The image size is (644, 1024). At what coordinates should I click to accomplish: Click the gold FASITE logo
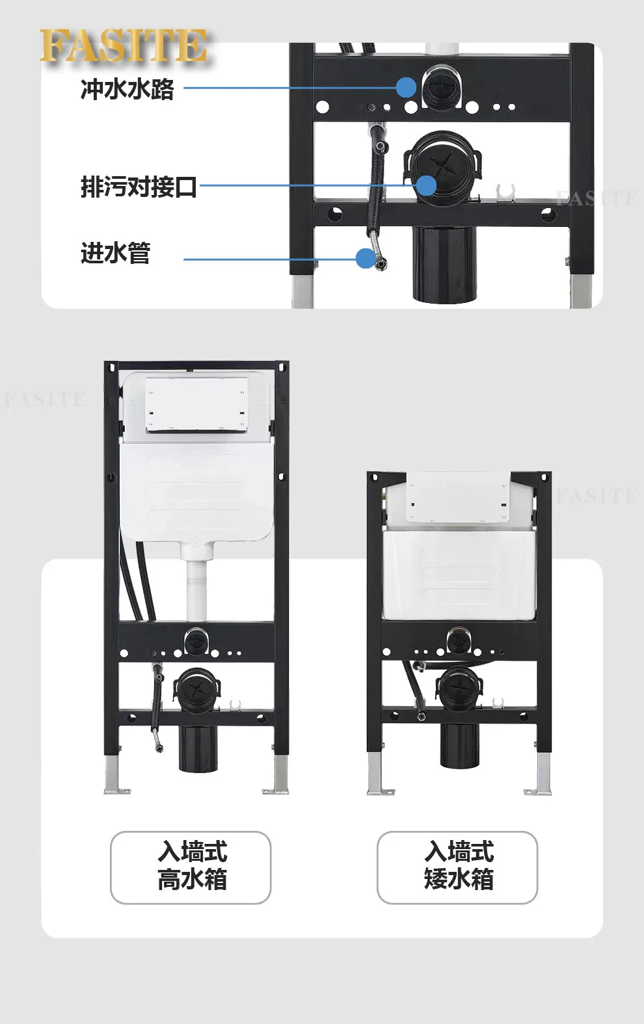[x=124, y=46]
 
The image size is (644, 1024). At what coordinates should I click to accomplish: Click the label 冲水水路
[x=127, y=89]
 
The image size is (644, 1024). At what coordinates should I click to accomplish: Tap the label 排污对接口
[x=139, y=187]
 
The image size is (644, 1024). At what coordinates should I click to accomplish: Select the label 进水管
[x=116, y=253]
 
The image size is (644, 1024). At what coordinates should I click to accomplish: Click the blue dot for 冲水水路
[x=407, y=88]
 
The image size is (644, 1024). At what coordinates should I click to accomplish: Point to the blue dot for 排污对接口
[x=426, y=185]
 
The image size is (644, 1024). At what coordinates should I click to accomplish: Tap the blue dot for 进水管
[x=366, y=259]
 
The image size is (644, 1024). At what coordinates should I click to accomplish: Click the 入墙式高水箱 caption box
[x=191, y=867]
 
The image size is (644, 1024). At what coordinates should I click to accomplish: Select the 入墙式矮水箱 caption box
[x=457, y=867]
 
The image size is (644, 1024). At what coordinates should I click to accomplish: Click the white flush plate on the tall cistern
[x=196, y=404]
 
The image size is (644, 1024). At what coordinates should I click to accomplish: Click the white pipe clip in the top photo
[x=505, y=193]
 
